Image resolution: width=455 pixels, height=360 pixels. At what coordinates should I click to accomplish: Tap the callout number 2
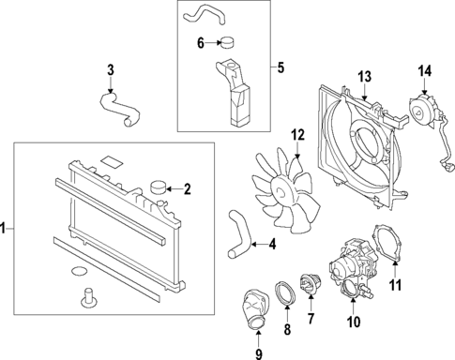click(187, 189)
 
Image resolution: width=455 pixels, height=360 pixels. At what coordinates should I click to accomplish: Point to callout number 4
click(272, 247)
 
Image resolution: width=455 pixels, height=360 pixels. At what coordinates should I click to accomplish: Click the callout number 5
click(279, 67)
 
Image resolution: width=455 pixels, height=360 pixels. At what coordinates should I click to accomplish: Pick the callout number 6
click(200, 42)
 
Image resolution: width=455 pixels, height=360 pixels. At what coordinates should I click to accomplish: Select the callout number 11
click(395, 284)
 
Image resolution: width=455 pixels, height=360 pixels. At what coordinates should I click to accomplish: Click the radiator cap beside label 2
click(156, 187)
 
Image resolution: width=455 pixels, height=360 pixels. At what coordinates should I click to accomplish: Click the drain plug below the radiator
click(91, 297)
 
